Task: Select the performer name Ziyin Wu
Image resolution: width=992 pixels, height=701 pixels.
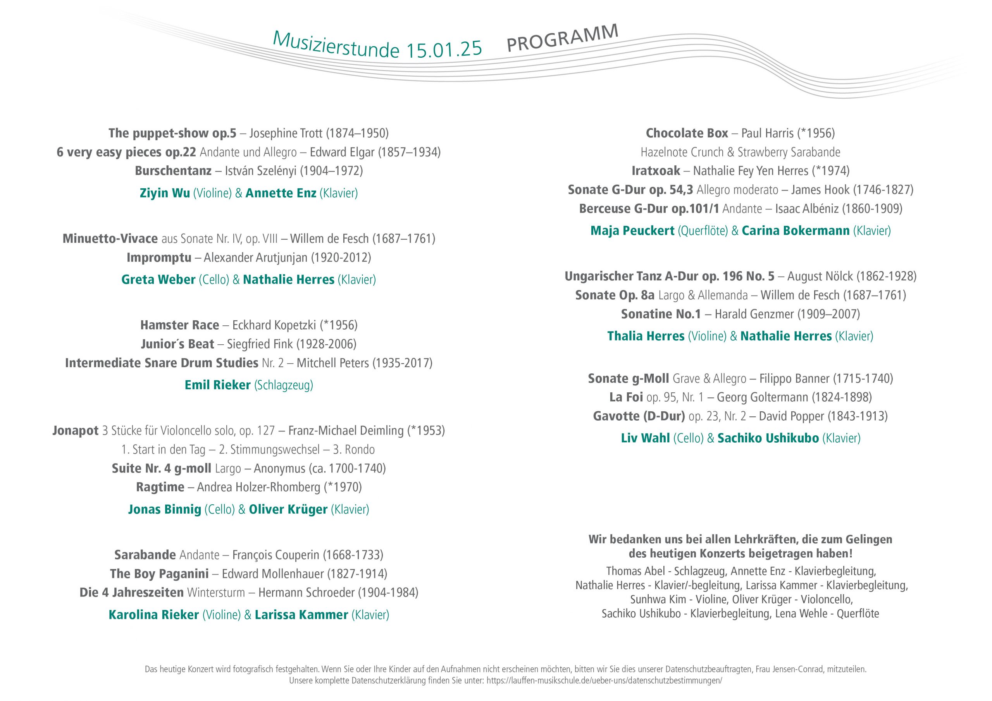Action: point(165,193)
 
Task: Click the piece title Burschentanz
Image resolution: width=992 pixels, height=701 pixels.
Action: point(173,171)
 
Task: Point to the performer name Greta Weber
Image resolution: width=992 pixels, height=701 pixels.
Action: point(158,280)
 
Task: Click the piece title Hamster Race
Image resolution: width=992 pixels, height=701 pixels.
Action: point(179,325)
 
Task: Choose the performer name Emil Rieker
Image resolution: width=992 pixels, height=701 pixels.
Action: point(217,385)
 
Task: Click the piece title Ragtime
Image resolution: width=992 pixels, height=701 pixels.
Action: point(160,487)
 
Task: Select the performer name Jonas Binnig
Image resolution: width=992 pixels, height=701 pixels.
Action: point(164,509)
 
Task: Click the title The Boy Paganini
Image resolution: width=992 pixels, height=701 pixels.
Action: point(159,574)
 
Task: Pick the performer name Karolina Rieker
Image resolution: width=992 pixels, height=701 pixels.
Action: point(153,615)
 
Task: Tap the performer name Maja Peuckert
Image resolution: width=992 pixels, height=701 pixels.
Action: point(632,231)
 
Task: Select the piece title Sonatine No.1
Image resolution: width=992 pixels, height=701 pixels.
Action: point(661,314)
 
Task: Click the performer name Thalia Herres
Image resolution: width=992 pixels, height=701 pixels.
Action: point(646,336)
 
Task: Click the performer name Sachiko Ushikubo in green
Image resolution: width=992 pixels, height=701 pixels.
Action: point(768,438)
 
